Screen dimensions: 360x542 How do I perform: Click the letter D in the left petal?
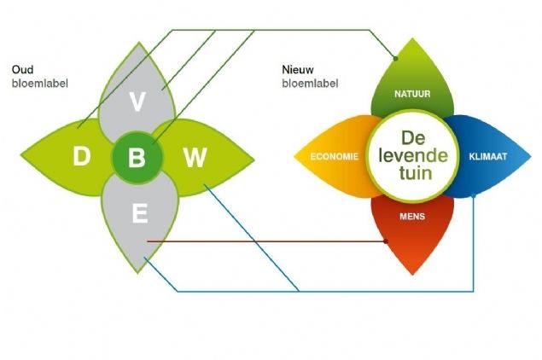[x=81, y=157]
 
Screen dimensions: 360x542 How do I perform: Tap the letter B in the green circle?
[x=137, y=157]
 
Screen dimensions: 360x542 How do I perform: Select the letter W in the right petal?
[x=195, y=157]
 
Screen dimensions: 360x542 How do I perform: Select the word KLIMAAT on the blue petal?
[x=488, y=157]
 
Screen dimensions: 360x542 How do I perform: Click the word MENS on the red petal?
[x=412, y=216]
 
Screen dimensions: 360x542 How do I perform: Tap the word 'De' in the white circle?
[x=413, y=136]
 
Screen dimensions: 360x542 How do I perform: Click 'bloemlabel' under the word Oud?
[x=40, y=84]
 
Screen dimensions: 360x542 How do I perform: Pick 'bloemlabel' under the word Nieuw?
[x=311, y=84]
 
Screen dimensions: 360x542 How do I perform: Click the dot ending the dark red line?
[x=387, y=241]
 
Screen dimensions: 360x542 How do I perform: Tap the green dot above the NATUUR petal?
[x=396, y=57]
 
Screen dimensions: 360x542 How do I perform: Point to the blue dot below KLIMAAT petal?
[x=473, y=198]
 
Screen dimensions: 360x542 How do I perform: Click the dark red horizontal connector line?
[x=265, y=241]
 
